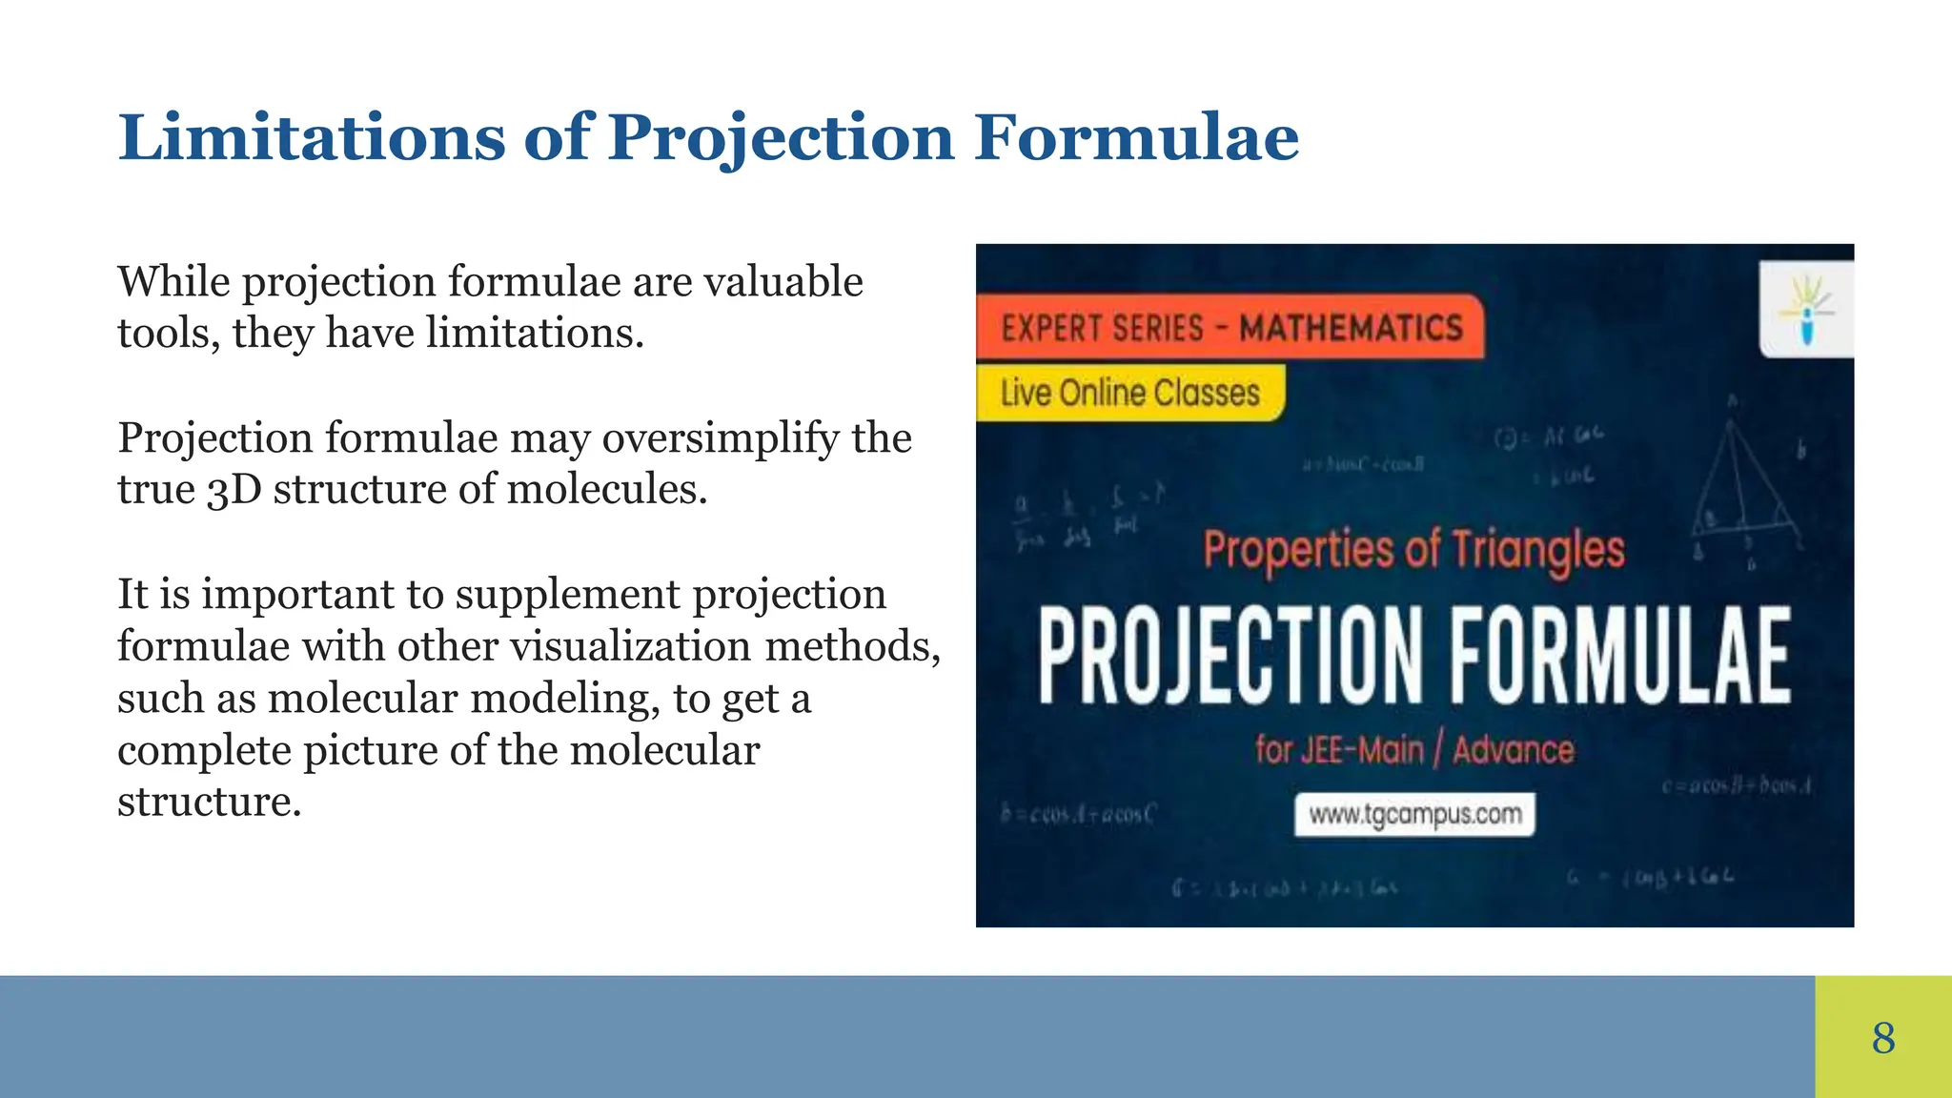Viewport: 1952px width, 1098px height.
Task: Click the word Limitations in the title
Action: [311, 137]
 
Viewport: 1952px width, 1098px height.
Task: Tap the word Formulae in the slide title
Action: [1136, 137]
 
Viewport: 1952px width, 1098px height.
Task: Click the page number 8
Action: [1883, 1038]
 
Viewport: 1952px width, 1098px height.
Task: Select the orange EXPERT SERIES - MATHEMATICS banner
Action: [1230, 328]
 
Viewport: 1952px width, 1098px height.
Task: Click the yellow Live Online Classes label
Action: [1129, 393]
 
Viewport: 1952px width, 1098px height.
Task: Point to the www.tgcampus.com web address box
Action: [1414, 815]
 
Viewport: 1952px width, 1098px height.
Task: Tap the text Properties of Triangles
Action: [1413, 551]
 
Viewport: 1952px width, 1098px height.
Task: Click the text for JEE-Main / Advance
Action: [1413, 750]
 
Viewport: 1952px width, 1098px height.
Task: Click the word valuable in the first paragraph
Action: [783, 282]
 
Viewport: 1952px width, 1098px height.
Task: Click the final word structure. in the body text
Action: [209, 803]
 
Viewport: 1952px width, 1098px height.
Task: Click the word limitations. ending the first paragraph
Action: [535, 334]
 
